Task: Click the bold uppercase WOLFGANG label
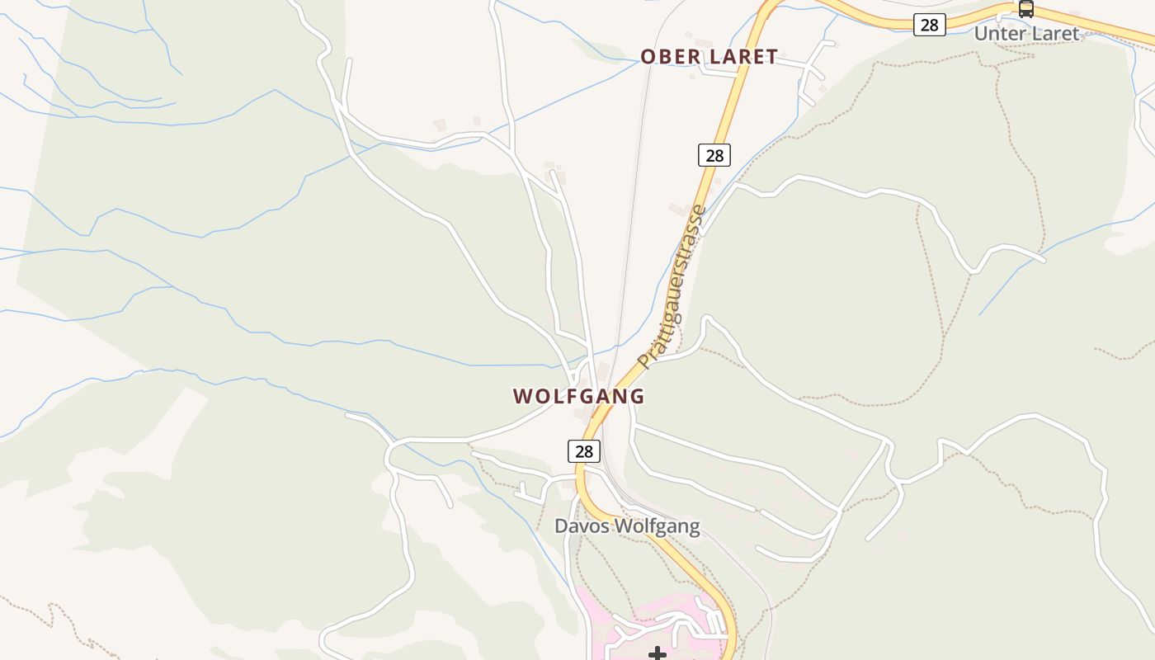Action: pos(578,396)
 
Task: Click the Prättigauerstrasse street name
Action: pos(672,286)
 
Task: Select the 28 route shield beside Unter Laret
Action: pos(929,25)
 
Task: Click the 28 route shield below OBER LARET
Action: pos(714,154)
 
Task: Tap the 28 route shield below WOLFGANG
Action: pos(583,451)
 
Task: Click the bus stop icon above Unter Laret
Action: pos(1026,9)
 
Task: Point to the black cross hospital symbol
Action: pos(658,654)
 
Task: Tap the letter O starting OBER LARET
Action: pos(648,57)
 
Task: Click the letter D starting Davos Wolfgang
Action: pos(561,526)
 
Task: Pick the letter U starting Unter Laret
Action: pos(982,34)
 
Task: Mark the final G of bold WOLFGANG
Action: pos(637,396)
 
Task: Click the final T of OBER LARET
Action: pos(772,57)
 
